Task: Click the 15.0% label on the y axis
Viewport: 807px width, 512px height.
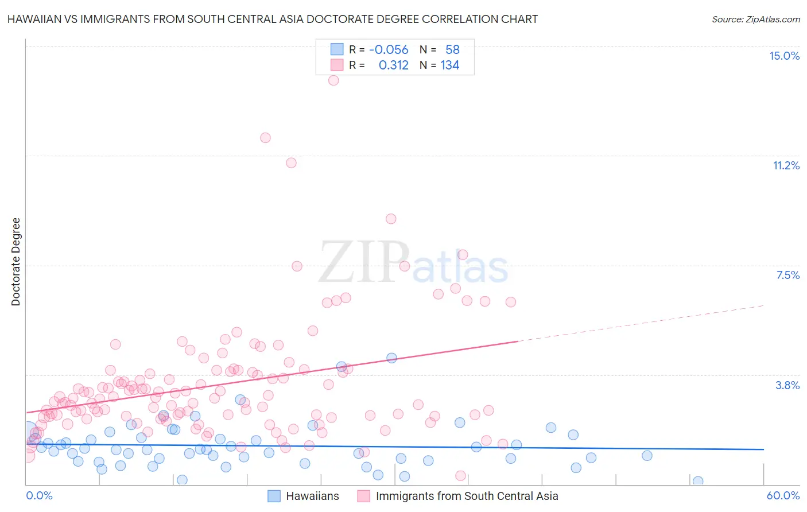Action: coord(784,56)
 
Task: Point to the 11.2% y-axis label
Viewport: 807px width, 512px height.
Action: coord(786,165)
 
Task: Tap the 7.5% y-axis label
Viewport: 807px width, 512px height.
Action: coord(787,275)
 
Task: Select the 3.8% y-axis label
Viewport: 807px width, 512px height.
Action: coord(787,385)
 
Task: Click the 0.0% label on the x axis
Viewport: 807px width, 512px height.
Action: coord(39,495)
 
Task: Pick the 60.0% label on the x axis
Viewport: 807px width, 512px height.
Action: coord(783,495)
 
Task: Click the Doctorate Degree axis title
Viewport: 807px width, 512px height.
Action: coord(15,262)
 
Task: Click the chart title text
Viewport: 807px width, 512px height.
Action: coord(273,19)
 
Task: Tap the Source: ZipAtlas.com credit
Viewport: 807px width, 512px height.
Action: coord(755,19)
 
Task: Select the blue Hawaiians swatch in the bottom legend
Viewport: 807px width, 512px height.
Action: coord(274,496)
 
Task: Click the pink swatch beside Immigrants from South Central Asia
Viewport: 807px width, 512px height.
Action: coord(364,496)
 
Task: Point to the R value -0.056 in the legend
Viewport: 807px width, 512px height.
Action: coord(389,50)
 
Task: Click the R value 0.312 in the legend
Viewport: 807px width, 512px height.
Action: coord(393,65)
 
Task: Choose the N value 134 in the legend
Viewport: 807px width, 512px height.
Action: coord(450,65)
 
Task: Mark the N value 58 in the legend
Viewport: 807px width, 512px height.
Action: coord(452,50)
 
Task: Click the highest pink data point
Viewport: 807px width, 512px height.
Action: coord(333,80)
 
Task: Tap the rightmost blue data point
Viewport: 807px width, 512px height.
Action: coord(698,481)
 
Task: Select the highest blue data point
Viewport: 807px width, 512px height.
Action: coord(391,358)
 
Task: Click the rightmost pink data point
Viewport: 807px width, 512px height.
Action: coord(511,302)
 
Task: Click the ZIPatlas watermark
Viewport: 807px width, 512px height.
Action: coord(413,263)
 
